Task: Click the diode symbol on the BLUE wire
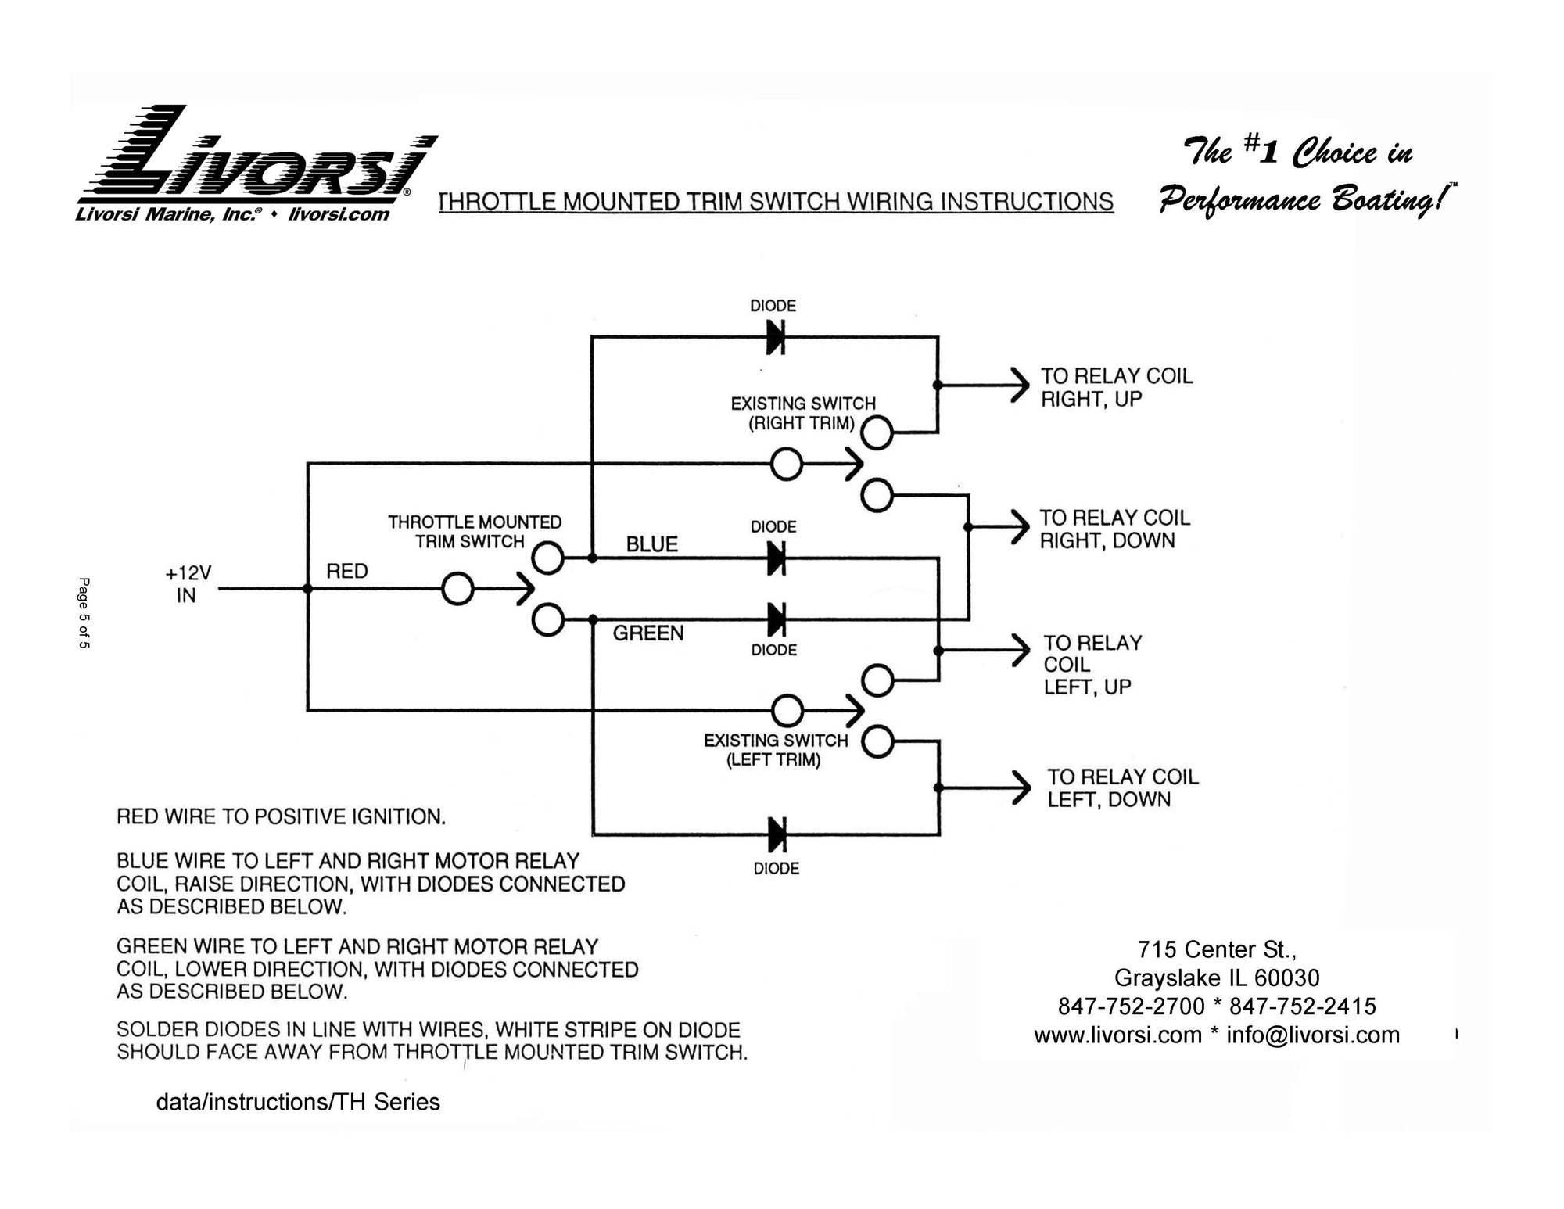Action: click(776, 558)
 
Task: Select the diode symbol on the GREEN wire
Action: click(776, 619)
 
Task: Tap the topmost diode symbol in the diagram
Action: click(775, 338)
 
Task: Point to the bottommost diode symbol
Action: click(777, 834)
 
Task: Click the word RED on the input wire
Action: click(346, 571)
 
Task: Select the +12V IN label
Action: click(188, 584)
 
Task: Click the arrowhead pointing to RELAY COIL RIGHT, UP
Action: click(1020, 385)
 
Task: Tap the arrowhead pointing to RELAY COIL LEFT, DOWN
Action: click(1021, 787)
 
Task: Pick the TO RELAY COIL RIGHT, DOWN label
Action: click(1114, 529)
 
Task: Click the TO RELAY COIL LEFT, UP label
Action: click(1092, 665)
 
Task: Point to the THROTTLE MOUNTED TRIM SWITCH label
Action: click(474, 532)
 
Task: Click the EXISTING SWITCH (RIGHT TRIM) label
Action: click(802, 413)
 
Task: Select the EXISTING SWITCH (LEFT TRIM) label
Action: click(775, 750)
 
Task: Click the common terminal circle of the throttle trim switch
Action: click(457, 589)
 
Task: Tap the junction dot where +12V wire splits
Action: click(307, 589)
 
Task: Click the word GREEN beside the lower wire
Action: click(647, 633)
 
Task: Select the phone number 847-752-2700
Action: click(1130, 1006)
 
